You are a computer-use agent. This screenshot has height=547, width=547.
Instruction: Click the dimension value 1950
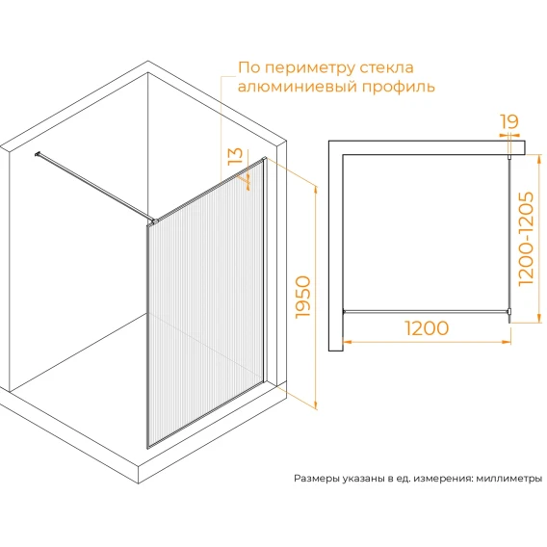(302, 297)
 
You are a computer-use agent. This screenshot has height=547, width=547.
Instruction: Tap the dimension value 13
(235, 156)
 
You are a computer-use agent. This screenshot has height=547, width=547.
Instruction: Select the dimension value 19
(509, 121)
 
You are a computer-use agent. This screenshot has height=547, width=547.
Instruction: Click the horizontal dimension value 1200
(427, 328)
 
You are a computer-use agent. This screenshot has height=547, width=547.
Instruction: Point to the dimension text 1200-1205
(526, 239)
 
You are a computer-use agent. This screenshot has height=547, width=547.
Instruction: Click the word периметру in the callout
(310, 68)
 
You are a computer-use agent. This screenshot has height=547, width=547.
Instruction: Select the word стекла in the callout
(386, 67)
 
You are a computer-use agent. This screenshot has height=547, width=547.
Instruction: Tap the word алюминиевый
(298, 86)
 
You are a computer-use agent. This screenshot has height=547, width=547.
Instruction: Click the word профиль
(399, 87)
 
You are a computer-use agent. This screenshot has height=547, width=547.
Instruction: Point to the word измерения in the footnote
(443, 479)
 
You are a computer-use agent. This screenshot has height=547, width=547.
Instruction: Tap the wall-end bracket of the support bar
(37, 153)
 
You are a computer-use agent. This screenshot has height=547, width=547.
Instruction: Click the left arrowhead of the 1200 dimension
(348, 342)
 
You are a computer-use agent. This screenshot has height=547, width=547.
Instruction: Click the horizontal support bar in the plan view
(426, 311)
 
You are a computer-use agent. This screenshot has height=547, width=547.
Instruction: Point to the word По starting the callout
(249, 67)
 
